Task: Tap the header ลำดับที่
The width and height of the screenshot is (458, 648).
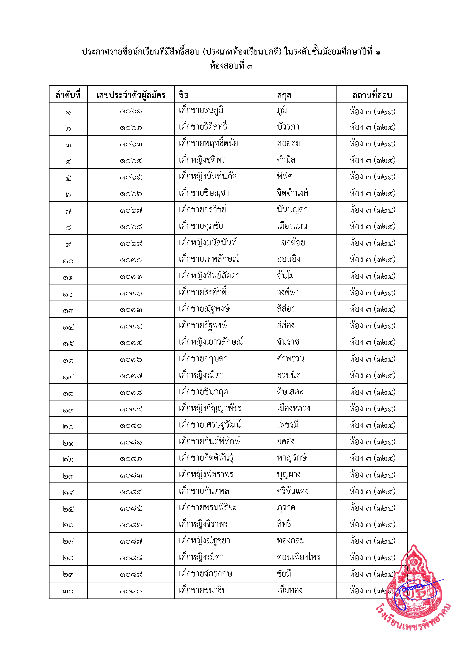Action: click(x=68, y=95)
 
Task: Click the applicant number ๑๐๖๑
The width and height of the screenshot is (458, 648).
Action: click(x=131, y=111)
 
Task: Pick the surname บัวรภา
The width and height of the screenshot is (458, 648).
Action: click(x=288, y=127)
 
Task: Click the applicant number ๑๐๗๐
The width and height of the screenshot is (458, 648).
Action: click(x=131, y=260)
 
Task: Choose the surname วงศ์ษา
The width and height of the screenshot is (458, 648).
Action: click(x=288, y=292)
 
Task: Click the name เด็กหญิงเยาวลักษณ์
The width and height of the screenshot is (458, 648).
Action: click(x=211, y=342)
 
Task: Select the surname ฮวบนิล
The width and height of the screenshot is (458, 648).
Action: click(x=289, y=375)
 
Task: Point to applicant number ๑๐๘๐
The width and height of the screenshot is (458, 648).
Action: click(x=131, y=426)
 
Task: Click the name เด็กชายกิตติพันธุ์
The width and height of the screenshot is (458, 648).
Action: click(x=206, y=458)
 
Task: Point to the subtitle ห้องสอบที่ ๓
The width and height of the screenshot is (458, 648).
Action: click(x=231, y=66)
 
